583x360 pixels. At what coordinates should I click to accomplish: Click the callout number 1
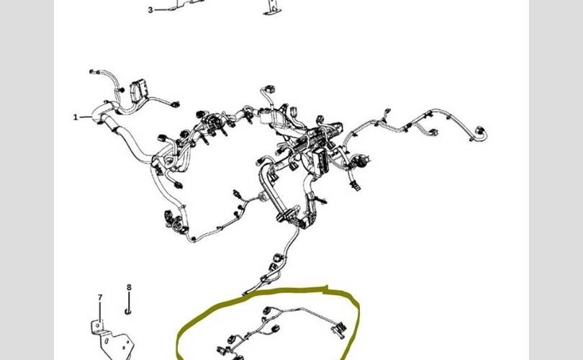pos(76,117)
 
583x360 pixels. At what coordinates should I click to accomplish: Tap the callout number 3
pos(150,10)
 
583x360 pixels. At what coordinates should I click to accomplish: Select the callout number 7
pos(100,297)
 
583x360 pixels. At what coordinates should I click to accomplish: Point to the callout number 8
pos(129,287)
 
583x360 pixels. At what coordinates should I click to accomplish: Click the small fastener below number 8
pos(128,311)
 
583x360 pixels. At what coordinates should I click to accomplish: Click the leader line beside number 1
pos(86,117)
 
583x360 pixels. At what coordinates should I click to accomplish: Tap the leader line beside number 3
pos(163,9)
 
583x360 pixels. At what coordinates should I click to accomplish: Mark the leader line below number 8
pos(129,300)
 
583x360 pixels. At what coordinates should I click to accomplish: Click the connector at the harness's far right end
pos(481,132)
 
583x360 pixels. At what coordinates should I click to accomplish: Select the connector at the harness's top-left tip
pos(94,71)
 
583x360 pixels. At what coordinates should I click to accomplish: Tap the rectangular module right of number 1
pos(138,91)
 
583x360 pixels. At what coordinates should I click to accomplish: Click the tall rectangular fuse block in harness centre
pos(320,161)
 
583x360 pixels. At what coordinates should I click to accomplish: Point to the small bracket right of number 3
pos(271,7)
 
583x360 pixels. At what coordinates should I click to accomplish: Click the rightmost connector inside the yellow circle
pos(340,330)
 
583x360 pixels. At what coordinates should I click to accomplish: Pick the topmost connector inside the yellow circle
pos(266,310)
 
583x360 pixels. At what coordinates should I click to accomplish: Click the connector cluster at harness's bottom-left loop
pos(174,222)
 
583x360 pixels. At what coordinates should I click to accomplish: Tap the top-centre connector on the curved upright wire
pos(268,89)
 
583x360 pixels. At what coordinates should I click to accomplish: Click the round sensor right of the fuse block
pos(360,161)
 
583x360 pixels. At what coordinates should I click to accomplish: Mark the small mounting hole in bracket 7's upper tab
pos(98,325)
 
